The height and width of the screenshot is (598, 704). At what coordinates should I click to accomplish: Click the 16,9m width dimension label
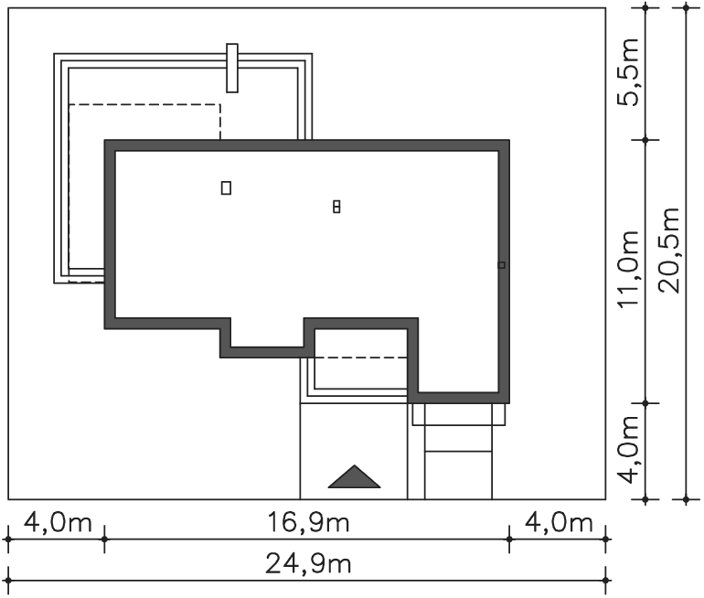point(308,523)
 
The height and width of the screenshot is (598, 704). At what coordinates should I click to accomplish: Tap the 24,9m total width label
point(308,564)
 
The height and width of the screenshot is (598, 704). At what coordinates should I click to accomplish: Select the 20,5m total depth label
point(669,251)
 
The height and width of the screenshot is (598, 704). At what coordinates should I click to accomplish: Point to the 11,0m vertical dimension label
point(628,270)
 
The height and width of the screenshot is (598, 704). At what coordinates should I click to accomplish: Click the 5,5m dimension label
point(628,72)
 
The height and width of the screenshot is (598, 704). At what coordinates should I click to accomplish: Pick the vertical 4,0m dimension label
point(628,450)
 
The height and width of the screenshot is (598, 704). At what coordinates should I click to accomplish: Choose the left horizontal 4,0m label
point(58,523)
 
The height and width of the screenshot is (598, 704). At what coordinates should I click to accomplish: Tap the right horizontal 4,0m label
point(559,523)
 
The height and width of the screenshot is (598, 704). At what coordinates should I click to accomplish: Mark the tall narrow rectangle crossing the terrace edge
point(232,69)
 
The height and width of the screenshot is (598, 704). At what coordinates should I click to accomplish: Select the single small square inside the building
point(227,187)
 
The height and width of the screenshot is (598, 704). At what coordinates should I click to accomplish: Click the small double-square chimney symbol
point(336,207)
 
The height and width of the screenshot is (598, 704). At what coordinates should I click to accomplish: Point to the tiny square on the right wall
point(502,265)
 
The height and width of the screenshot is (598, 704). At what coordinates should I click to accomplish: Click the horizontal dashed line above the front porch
point(361,358)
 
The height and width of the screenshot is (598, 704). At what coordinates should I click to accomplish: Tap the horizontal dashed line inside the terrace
point(144,104)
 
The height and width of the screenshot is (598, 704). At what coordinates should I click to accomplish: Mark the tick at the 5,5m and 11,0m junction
point(645,140)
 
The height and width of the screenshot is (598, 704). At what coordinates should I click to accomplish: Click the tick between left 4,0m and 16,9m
point(104,539)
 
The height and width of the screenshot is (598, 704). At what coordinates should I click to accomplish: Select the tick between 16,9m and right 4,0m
point(509,539)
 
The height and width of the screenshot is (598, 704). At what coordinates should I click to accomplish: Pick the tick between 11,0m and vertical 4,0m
point(645,403)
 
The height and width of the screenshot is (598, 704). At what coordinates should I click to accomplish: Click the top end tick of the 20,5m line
point(686,7)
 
